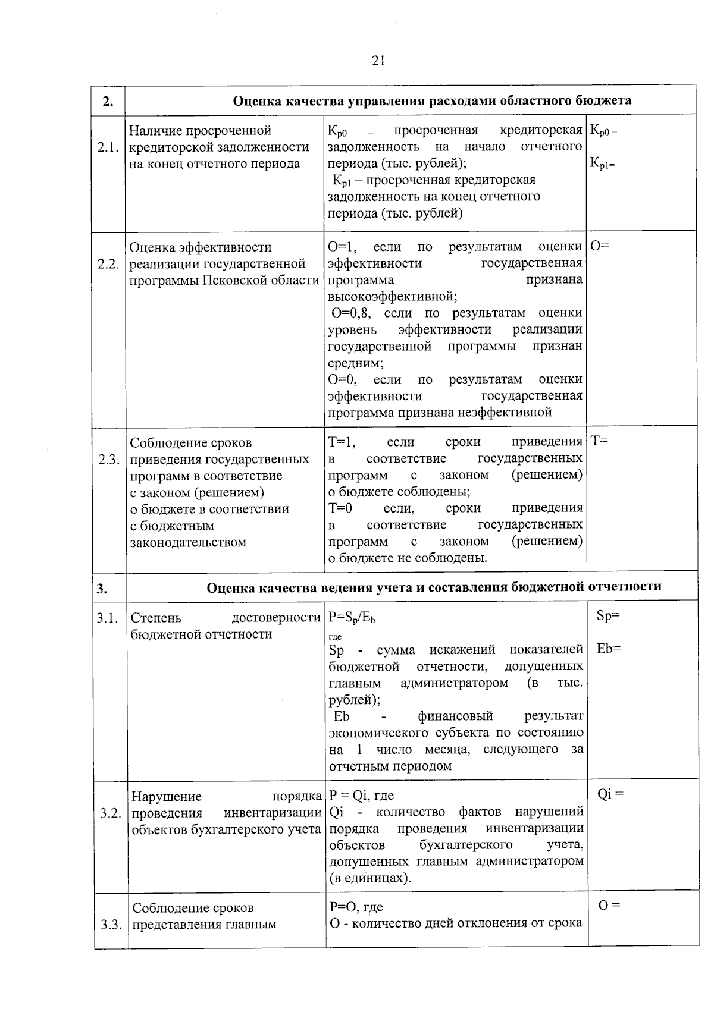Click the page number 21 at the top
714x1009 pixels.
point(378,61)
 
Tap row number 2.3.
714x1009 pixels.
point(109,460)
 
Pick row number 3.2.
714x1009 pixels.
point(111,813)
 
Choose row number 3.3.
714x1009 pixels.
point(111,925)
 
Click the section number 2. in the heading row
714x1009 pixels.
point(107,101)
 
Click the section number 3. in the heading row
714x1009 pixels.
point(102,589)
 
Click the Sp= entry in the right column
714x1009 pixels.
point(607,616)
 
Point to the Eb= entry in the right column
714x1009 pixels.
point(608,649)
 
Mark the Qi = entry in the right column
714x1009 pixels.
point(610,794)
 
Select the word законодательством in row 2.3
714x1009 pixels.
point(188,542)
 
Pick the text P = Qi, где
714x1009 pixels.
point(361,796)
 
